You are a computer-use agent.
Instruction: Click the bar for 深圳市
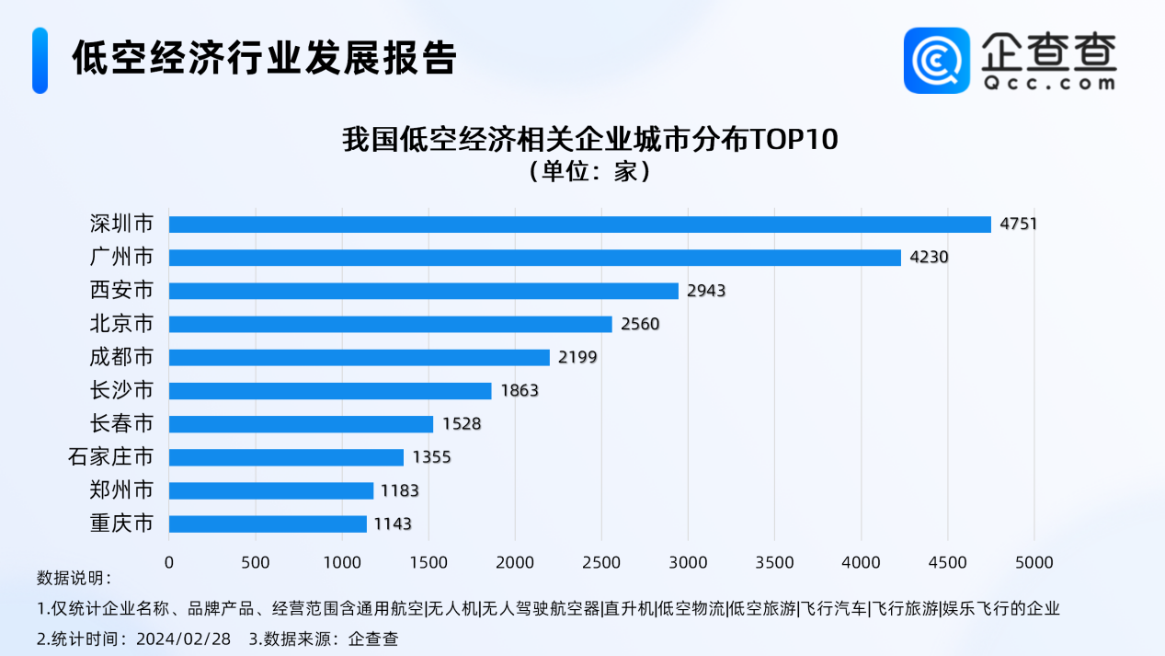point(579,224)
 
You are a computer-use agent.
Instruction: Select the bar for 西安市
point(423,291)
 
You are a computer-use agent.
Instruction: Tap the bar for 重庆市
point(268,524)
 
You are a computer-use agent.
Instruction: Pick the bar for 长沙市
point(330,390)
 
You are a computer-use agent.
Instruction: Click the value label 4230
point(929,258)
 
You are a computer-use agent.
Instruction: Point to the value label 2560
point(641,324)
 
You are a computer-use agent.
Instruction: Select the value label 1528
point(462,424)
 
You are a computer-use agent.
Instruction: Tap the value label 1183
point(400,490)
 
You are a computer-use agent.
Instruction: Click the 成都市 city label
point(121,357)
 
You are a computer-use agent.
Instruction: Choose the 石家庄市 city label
point(111,457)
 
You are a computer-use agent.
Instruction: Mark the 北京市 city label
point(121,324)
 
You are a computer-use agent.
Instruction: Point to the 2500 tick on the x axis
point(601,562)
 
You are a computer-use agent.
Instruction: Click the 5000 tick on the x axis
point(1034,562)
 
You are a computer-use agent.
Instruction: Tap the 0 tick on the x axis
point(169,562)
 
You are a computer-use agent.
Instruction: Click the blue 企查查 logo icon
point(936,60)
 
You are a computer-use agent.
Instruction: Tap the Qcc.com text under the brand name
point(1048,83)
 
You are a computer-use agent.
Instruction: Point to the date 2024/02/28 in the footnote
point(184,639)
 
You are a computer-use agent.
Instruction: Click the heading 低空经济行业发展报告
point(264,58)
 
